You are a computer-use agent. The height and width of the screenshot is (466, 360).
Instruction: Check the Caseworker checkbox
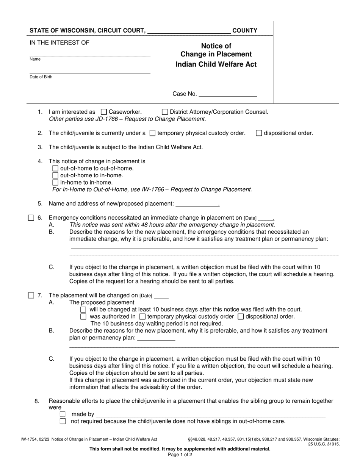tap(104, 112)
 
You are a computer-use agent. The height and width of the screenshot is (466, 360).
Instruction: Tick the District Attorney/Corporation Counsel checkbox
tap(165, 112)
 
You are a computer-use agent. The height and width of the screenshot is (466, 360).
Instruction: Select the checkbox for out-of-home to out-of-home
tap(55, 168)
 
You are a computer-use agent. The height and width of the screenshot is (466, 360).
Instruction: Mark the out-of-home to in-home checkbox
tap(55, 175)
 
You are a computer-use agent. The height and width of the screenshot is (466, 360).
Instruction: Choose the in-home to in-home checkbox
tap(55, 182)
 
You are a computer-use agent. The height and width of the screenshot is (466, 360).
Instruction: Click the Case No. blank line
tap(227, 94)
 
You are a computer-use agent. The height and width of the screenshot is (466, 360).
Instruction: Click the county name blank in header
tap(189, 31)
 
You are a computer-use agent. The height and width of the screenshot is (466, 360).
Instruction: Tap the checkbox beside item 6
tap(31, 218)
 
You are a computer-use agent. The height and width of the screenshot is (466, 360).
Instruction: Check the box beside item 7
tap(31, 295)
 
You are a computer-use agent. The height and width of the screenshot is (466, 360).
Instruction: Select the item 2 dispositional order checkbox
tap(259, 133)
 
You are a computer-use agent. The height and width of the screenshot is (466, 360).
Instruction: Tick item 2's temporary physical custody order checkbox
tap(152, 133)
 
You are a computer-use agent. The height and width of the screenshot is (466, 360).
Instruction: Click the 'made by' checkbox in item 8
tap(63, 414)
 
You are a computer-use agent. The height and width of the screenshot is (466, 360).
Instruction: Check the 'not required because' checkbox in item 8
tap(63, 421)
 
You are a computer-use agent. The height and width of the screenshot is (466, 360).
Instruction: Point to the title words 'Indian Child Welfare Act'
tap(216, 64)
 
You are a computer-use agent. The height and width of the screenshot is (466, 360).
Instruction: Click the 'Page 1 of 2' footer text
tap(180, 455)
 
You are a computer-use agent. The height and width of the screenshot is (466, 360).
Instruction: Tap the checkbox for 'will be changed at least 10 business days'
tap(83, 310)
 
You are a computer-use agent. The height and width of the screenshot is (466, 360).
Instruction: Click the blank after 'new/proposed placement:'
tap(197, 204)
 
